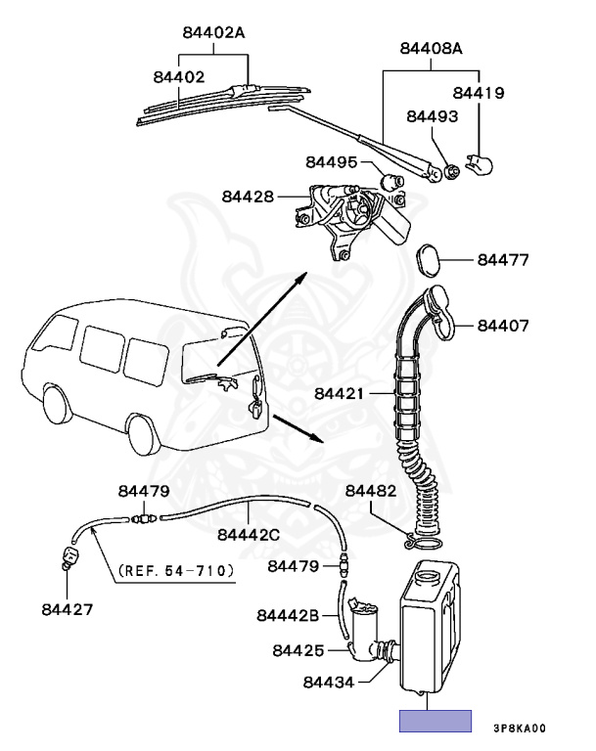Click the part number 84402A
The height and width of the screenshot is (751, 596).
tap(212, 32)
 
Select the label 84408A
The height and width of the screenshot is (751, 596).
tap(431, 48)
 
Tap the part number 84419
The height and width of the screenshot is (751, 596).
tap(479, 94)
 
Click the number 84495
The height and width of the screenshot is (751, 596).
tap(332, 162)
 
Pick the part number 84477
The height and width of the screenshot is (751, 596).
tap(503, 261)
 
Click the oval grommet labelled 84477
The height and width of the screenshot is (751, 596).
tap(429, 259)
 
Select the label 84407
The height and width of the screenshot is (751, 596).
tap(503, 325)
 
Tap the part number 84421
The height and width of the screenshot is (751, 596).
tap(341, 395)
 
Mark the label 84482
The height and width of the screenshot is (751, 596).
tap(371, 490)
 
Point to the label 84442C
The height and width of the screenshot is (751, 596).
tap(249, 534)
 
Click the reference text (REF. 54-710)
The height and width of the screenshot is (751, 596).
tap(175, 569)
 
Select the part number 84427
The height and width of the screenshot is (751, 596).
tap(68, 609)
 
